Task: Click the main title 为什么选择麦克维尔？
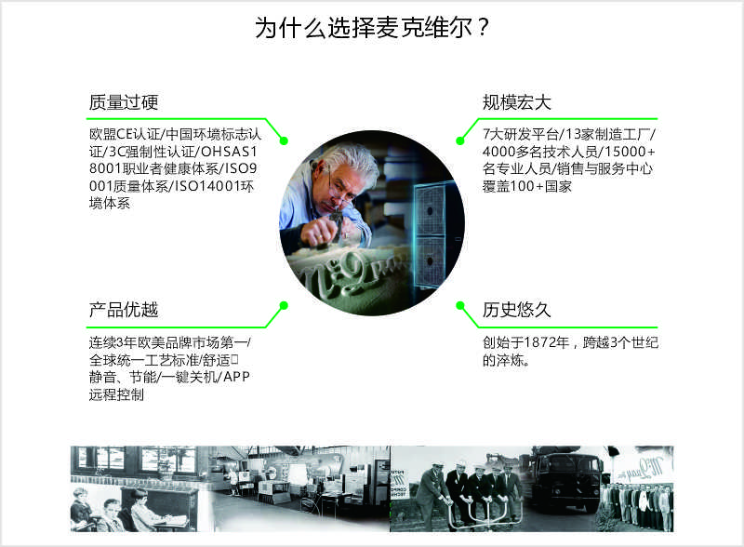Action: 372,27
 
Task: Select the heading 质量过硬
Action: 124,102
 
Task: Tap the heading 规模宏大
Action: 517,102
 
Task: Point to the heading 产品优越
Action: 124,310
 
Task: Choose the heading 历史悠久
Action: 517,310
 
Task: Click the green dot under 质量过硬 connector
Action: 284,140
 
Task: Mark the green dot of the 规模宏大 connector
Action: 459,140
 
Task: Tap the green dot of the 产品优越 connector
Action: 284,305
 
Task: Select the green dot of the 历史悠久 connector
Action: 459,305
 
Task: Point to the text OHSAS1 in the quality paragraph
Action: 229,152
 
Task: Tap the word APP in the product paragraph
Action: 236,377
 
